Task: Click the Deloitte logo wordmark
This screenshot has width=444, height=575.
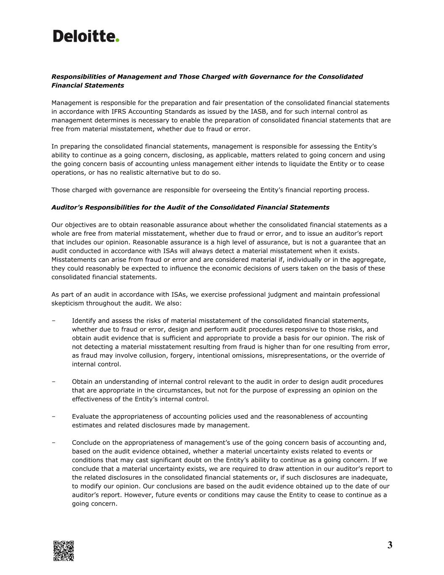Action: [84, 36]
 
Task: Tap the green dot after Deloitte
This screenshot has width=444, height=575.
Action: [117, 40]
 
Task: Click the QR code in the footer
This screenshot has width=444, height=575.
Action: [64, 551]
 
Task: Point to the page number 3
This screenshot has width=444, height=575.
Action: [390, 546]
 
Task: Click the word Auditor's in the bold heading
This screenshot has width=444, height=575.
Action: [67, 207]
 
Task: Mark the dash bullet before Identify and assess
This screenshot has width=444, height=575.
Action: [53, 321]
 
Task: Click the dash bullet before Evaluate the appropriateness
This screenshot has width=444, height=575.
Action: [53, 416]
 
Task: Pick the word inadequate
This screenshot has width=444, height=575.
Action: [370, 478]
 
